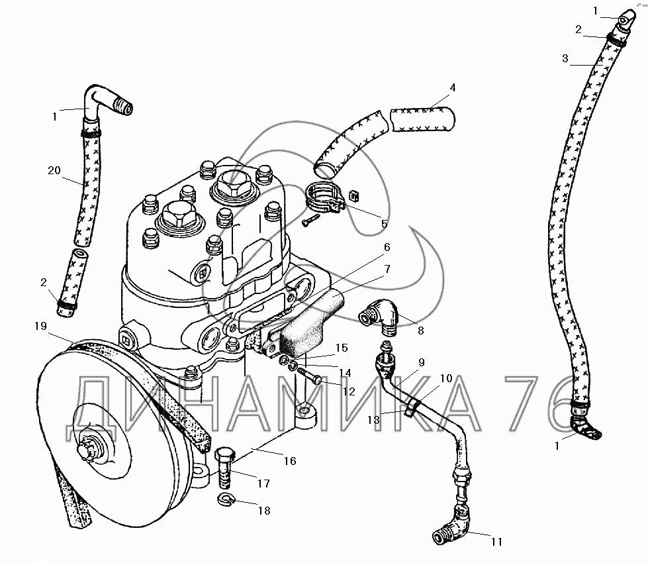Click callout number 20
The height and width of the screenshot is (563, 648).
54,171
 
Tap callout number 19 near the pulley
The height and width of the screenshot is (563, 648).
39,325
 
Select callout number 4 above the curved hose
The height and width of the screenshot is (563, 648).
452,87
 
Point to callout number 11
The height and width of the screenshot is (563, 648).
496,541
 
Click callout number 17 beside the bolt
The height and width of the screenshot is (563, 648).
263,484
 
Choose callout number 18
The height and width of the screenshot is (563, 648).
264,511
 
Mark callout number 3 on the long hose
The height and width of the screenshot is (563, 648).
565,58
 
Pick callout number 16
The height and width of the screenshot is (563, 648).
289,461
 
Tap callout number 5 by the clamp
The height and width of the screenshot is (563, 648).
384,223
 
